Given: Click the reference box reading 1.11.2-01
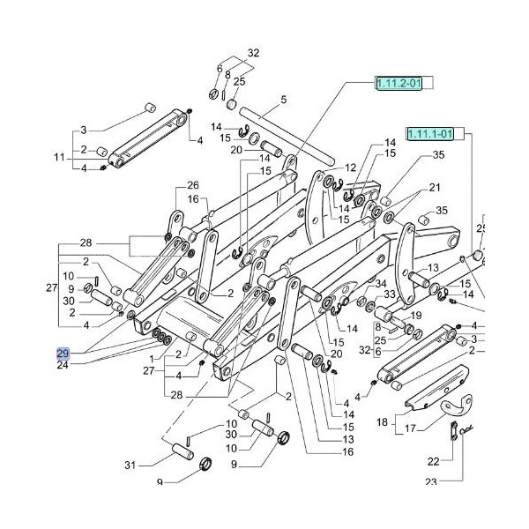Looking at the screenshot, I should [399, 84].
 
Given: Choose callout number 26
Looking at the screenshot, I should [193, 185].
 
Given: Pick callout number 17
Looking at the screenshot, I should [409, 430].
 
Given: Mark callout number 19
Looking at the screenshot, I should [416, 315].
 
